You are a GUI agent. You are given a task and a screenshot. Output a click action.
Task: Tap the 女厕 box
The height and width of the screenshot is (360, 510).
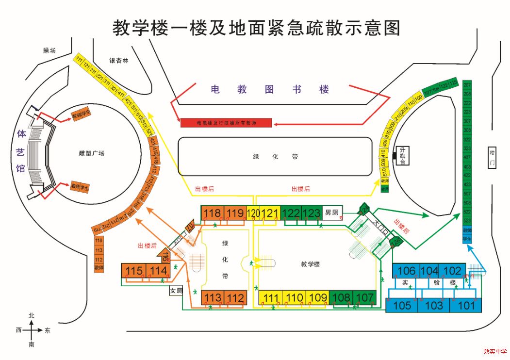(x=176, y=291)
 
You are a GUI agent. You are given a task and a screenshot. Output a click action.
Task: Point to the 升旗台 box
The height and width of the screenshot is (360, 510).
(x=402, y=156)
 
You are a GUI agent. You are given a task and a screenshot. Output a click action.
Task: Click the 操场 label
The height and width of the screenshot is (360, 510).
(x=49, y=50)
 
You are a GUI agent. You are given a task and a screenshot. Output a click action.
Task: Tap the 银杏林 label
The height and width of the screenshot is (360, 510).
(x=118, y=61)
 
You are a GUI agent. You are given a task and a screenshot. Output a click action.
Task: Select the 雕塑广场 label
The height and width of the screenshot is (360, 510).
(x=91, y=153)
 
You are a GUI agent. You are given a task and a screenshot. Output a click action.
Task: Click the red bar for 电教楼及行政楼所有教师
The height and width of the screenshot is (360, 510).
(x=226, y=123)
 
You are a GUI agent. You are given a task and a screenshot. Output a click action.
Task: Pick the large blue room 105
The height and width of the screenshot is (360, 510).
(x=402, y=305)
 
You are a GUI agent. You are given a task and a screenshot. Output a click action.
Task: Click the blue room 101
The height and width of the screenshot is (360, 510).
(x=466, y=305)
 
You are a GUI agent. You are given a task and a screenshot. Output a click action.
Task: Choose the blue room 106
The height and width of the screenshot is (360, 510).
(x=407, y=271)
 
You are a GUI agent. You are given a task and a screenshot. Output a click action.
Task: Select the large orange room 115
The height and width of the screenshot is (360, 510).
(x=133, y=271)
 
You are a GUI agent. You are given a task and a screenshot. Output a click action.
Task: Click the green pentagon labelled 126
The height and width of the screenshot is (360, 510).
(x=396, y=241)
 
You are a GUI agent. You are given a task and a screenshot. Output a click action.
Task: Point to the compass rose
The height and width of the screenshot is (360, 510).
(x=32, y=330)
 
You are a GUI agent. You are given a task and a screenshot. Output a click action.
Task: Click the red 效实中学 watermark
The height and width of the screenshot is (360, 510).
(x=494, y=352)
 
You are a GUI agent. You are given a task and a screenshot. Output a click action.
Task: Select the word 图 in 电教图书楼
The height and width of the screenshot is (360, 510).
(x=269, y=89)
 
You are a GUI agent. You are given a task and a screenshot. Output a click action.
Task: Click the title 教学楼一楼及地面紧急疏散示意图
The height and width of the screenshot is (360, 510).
(x=257, y=28)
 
